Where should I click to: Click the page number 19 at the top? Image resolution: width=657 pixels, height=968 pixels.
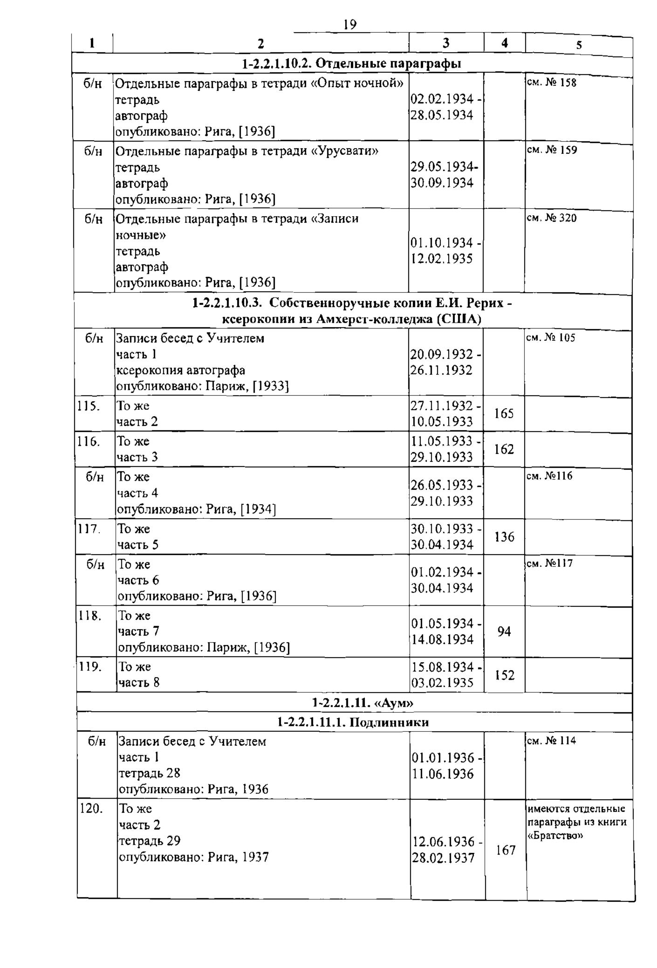tap(349, 24)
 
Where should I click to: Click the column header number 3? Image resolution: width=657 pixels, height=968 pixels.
tap(446, 43)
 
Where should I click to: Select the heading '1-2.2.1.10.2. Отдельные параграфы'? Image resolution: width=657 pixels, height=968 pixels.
tap(352, 64)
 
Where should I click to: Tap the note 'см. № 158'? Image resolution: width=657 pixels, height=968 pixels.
tap(551, 82)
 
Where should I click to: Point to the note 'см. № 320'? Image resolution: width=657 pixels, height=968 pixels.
tap(551, 218)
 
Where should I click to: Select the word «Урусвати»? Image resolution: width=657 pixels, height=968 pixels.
tap(344, 151)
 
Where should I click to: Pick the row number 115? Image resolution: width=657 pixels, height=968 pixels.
tap(88, 406)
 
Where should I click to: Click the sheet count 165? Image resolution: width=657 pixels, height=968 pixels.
tap(504, 413)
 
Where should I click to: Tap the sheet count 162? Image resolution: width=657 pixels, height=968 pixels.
tap(504, 449)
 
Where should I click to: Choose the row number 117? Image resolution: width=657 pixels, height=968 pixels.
tap(89, 529)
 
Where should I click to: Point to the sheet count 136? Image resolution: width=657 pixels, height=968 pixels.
tap(504, 537)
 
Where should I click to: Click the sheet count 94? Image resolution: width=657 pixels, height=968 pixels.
tap(504, 632)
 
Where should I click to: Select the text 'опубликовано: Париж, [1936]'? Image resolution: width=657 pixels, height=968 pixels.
tap(204, 647)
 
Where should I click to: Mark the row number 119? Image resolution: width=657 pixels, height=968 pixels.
tap(90, 667)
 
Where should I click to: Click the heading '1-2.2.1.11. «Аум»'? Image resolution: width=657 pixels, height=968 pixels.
tap(362, 702)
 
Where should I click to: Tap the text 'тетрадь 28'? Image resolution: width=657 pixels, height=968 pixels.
tap(150, 773)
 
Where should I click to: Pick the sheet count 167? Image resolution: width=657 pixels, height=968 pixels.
tap(506, 850)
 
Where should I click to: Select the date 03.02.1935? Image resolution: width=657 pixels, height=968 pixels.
tap(442, 683)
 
